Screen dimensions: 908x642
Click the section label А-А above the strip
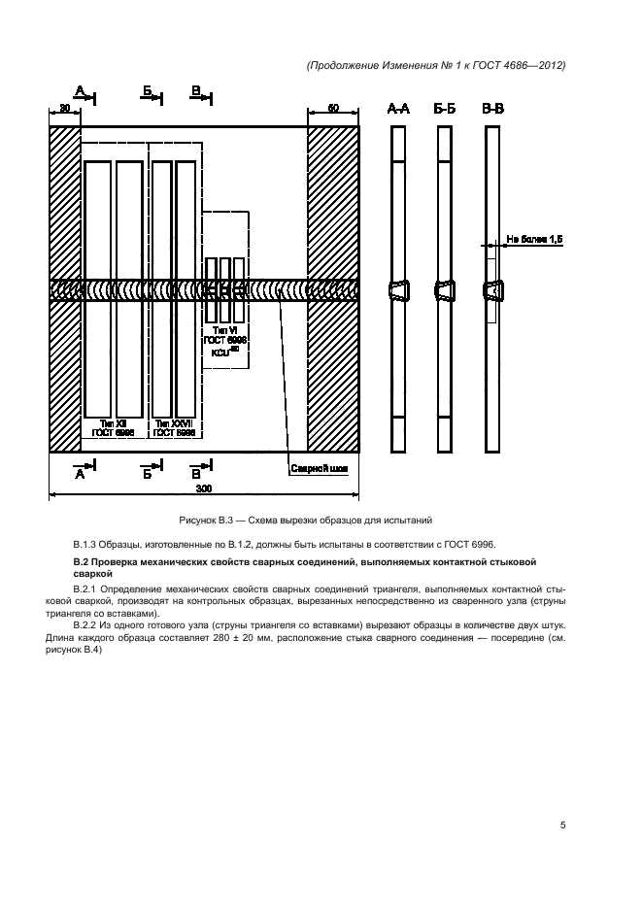tap(397, 111)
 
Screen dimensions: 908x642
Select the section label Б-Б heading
tap(445, 111)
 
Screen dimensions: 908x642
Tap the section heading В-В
tap(493, 111)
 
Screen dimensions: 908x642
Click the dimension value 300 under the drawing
tap(204, 488)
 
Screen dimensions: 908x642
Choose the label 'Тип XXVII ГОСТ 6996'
tap(173, 429)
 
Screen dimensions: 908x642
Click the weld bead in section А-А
tap(397, 290)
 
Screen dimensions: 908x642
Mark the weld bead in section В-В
tap(493, 290)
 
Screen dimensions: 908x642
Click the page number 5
tap(562, 825)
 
